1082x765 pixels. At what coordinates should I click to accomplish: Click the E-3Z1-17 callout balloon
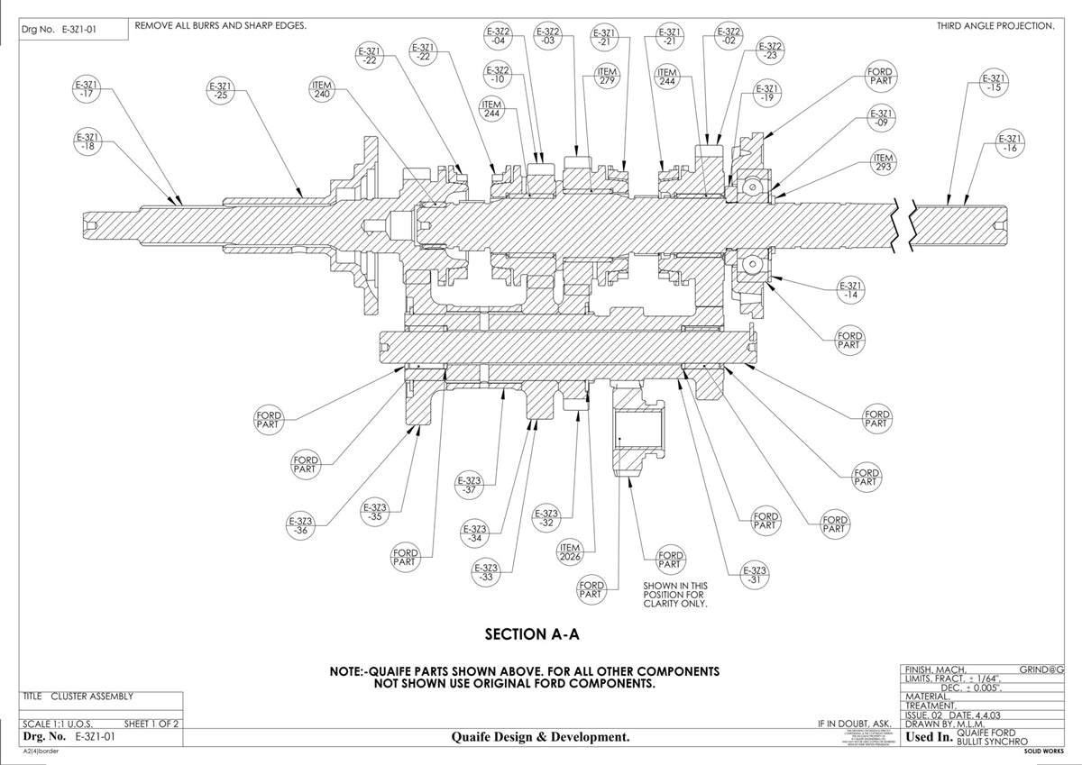87,91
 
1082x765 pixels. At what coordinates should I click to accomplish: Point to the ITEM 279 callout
607,77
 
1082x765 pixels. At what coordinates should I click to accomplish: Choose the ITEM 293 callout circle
883,162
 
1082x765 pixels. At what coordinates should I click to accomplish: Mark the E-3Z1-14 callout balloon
849,290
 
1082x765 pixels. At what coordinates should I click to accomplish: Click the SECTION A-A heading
531,634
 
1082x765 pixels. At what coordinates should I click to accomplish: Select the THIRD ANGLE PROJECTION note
995,26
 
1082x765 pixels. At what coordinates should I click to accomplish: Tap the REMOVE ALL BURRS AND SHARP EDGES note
220,25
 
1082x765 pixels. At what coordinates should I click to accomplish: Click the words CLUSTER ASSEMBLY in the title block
92,696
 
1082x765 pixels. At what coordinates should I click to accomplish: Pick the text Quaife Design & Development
540,737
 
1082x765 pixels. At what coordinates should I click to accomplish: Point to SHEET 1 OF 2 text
151,724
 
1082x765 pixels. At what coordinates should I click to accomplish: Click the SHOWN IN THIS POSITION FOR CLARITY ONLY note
675,595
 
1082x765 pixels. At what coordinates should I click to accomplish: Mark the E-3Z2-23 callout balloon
769,50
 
